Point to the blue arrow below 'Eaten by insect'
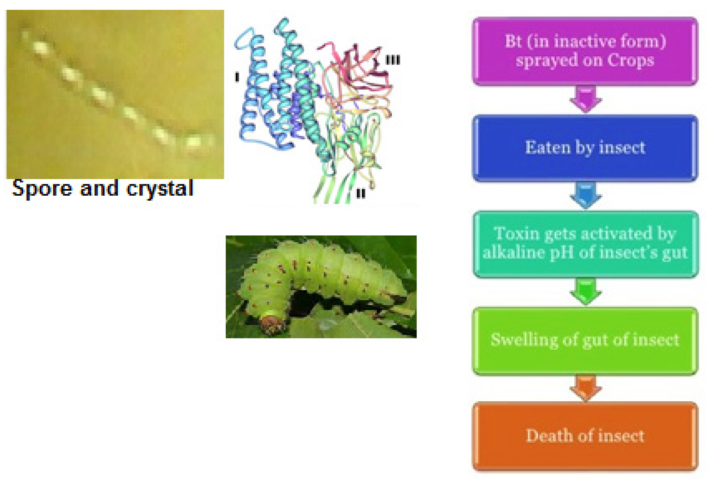click(586, 195)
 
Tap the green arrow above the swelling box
click(586, 291)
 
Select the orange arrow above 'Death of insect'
click(586, 388)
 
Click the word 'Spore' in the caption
click(42, 189)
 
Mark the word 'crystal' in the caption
click(160, 189)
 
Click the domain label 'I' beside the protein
click(237, 77)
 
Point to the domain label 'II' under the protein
click(360, 193)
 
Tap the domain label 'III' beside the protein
click(393, 60)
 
